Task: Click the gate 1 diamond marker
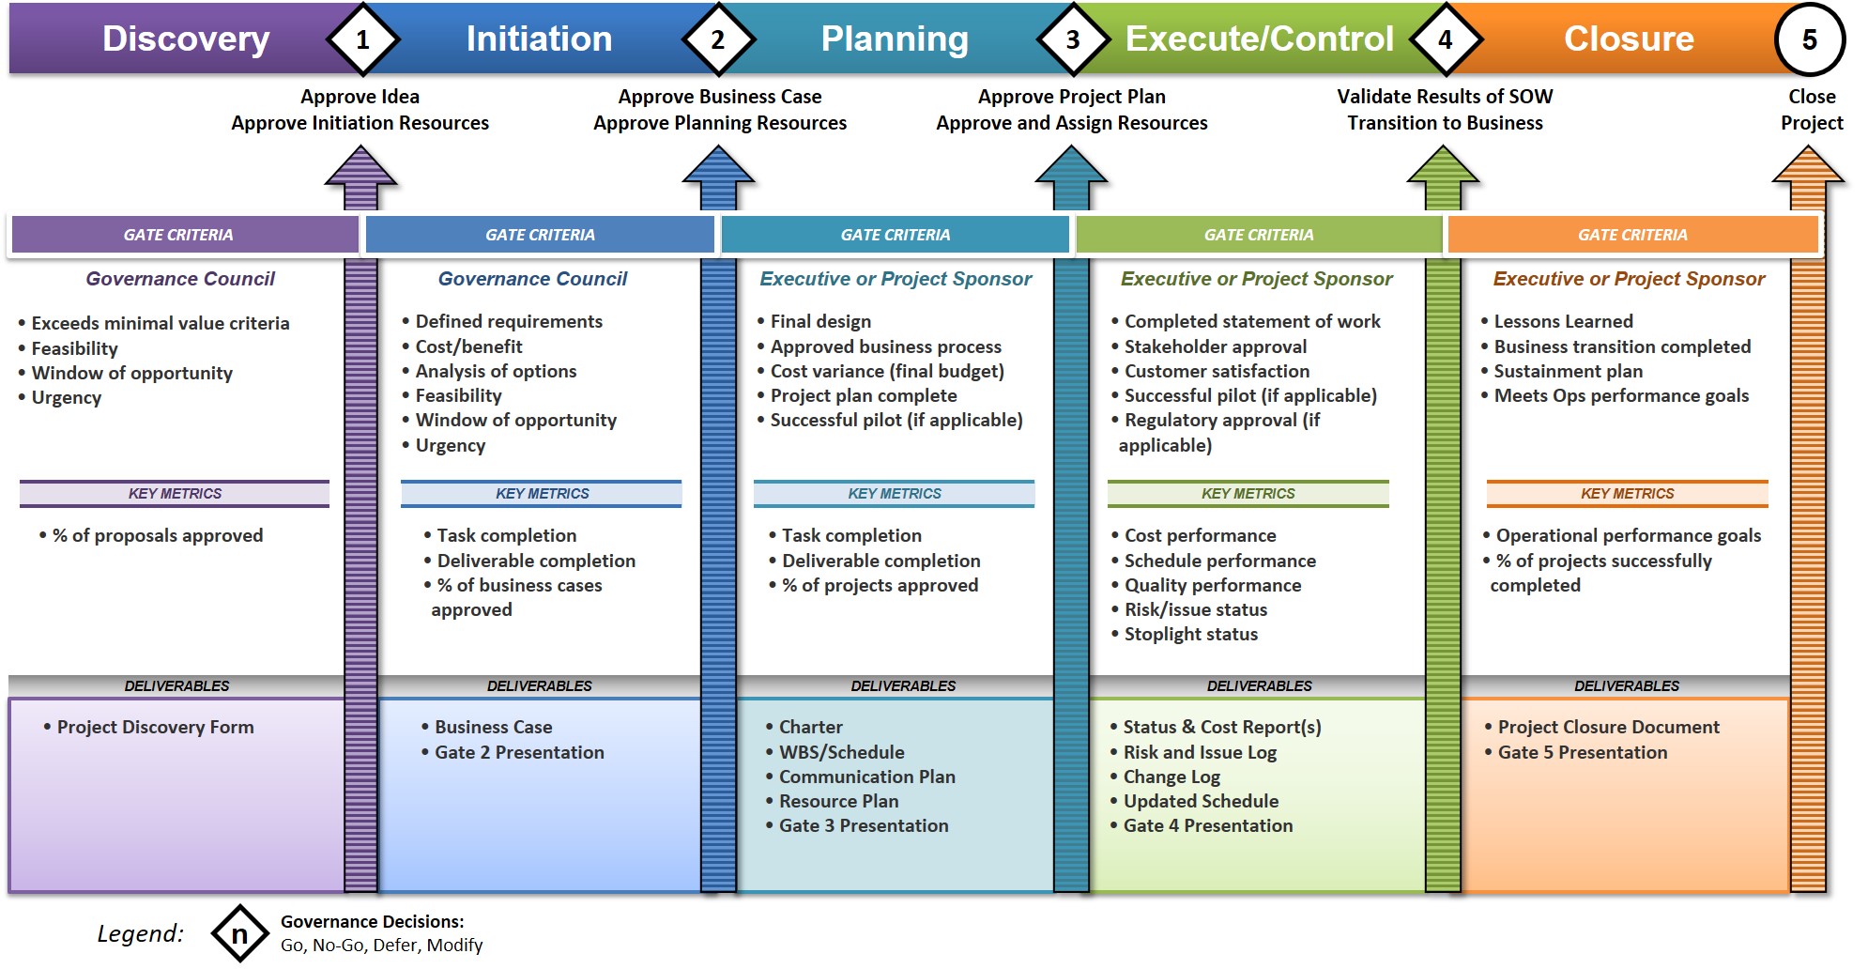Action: point(362,39)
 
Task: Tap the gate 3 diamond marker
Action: point(1072,39)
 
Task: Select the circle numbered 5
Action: point(1809,39)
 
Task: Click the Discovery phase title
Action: point(186,38)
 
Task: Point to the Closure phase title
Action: point(1629,38)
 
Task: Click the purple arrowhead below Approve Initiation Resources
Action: point(360,167)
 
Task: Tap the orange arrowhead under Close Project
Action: point(1808,166)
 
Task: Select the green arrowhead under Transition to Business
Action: point(1443,166)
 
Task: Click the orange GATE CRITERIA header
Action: point(1632,235)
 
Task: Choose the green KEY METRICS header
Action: point(1248,494)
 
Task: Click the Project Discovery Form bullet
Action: point(155,727)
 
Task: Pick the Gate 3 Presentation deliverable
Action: point(864,825)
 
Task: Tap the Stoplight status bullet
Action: point(1190,634)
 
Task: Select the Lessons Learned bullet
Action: point(1563,321)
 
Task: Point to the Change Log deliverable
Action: point(1171,777)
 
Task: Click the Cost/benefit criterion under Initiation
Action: point(468,346)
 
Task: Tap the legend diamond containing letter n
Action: point(239,933)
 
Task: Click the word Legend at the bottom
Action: point(141,933)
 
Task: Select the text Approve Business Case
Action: point(719,97)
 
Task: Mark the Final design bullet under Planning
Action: point(820,321)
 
